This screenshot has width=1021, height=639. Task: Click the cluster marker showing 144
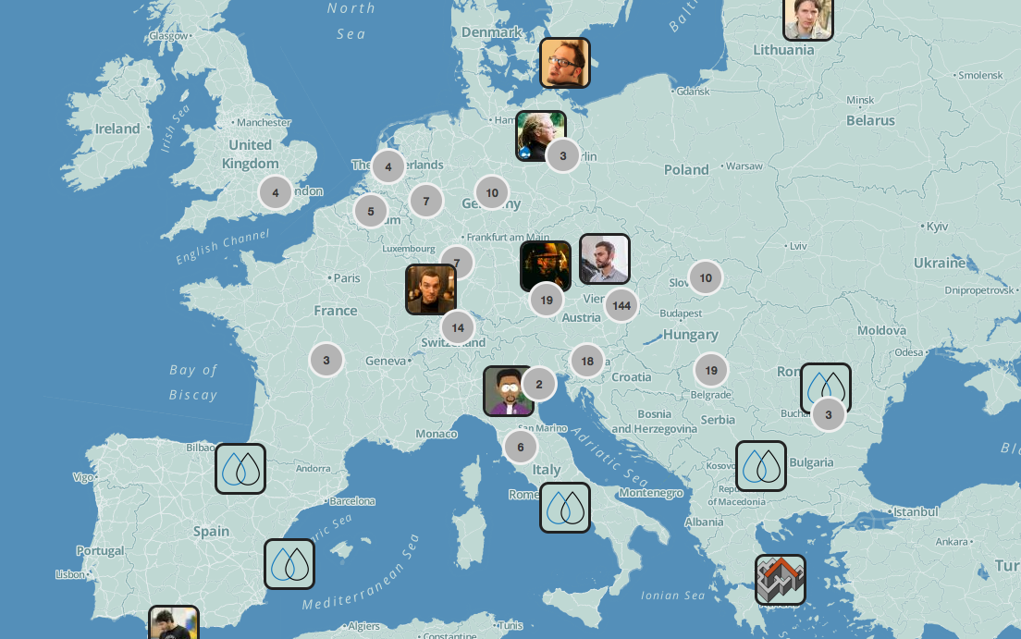click(x=621, y=305)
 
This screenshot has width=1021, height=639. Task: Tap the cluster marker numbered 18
click(x=587, y=362)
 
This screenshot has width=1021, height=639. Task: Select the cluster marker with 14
click(x=458, y=327)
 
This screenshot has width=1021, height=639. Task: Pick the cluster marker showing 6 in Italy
click(x=521, y=447)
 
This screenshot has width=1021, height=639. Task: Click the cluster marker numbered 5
click(x=371, y=211)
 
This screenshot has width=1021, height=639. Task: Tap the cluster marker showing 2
click(x=539, y=384)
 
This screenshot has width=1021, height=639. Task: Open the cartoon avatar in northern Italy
click(x=508, y=390)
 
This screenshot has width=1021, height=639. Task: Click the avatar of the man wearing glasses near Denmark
click(x=564, y=63)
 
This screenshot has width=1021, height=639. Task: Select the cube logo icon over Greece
click(x=780, y=580)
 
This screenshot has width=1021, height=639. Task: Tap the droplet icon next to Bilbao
click(x=240, y=469)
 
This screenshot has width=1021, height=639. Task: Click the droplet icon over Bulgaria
click(x=761, y=466)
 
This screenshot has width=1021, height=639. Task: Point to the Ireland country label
click(x=117, y=129)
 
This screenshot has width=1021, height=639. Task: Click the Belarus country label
click(x=870, y=120)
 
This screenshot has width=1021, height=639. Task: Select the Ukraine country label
click(x=939, y=263)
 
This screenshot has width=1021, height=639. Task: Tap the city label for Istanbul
click(x=915, y=511)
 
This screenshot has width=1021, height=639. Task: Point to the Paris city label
click(x=347, y=277)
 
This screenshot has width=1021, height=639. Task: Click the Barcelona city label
click(x=352, y=501)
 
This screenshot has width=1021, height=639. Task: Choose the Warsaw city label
click(x=744, y=166)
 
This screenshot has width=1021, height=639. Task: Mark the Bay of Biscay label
click(x=193, y=382)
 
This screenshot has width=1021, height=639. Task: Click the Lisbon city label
click(x=70, y=574)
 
